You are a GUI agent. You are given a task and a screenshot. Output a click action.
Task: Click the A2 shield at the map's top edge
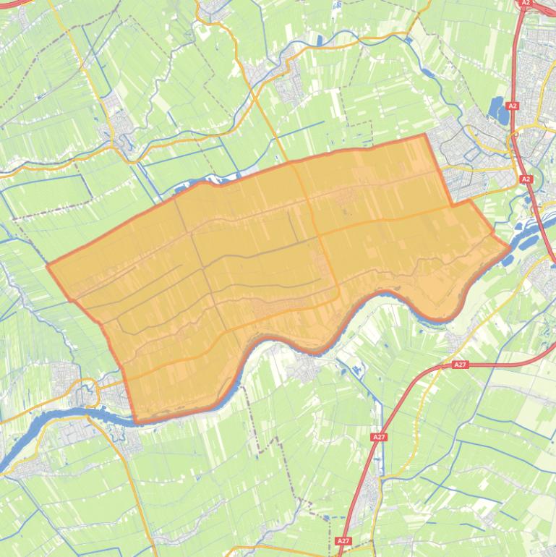click(525, 3)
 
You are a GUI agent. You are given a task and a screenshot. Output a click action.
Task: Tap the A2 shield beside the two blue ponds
click(513, 106)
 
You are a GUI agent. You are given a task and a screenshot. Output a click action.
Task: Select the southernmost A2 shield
click(526, 179)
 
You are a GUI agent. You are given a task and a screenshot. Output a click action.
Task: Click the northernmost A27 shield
click(460, 365)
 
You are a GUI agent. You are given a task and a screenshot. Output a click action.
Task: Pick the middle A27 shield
click(379, 437)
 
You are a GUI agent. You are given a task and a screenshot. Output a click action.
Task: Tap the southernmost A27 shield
click(343, 540)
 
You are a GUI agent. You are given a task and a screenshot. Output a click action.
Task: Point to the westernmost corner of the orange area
click(48, 265)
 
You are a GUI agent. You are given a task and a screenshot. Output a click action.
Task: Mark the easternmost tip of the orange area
click(510, 247)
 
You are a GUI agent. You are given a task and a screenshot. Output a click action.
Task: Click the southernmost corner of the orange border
click(136, 422)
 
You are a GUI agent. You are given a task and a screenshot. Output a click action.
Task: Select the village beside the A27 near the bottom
click(370, 492)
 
